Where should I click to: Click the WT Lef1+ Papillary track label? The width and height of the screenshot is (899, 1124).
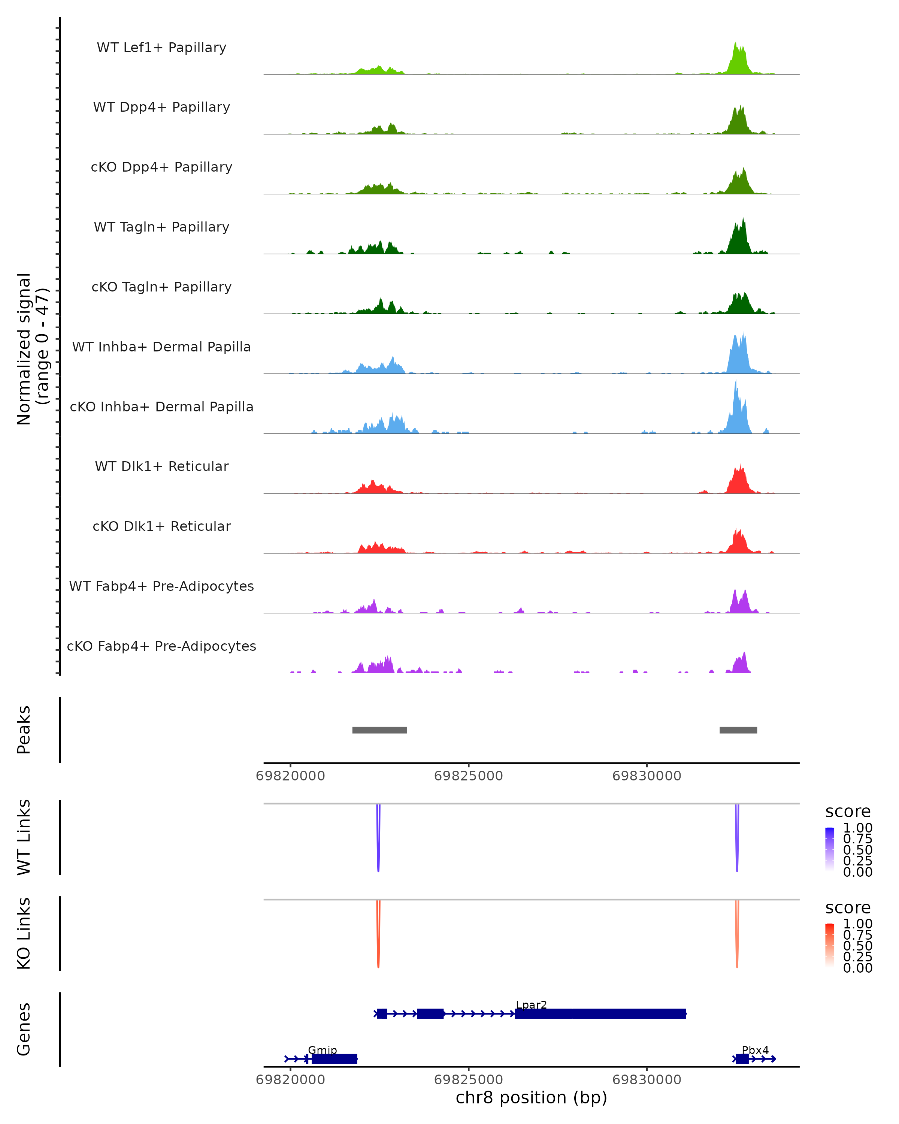[161, 48]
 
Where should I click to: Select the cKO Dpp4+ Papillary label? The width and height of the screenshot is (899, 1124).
[161, 167]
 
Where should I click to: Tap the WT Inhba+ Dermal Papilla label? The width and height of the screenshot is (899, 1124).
[161, 347]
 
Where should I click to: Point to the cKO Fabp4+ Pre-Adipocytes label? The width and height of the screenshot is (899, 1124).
[161, 646]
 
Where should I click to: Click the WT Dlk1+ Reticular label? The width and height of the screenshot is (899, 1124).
[161, 466]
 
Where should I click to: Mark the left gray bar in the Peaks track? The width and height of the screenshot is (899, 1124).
[379, 730]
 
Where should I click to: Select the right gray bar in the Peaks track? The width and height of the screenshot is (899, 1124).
[738, 730]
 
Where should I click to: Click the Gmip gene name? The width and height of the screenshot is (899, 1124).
[322, 1050]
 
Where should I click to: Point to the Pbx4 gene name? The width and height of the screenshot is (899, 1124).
[755, 1050]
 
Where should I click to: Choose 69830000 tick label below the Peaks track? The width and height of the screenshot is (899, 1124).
[647, 776]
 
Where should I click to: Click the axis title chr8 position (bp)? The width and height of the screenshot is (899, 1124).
[531, 1097]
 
